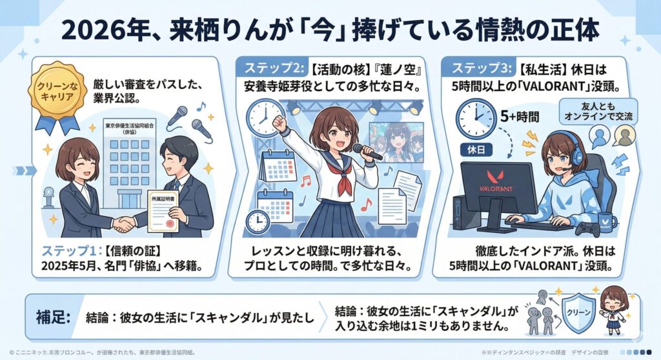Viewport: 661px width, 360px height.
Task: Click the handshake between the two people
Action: [125, 223]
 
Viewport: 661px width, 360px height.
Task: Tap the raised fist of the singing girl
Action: [279, 121]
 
